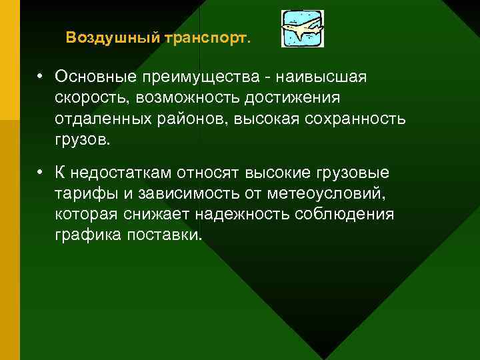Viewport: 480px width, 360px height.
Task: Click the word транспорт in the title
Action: pos(205,37)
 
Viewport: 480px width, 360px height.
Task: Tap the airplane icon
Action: pos(303,29)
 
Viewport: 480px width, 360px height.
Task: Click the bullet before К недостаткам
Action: pos(41,173)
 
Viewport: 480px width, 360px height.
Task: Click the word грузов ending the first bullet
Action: pos(83,141)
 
